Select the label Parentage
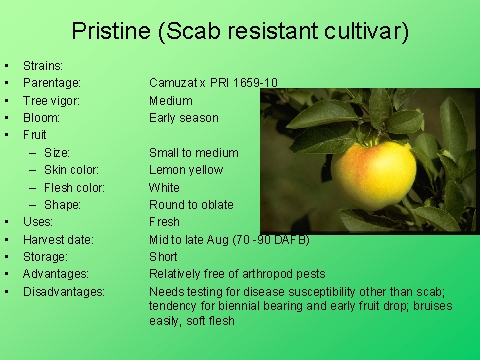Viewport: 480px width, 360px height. pyautogui.click(x=51, y=83)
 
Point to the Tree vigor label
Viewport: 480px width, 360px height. pyautogui.click(x=52, y=100)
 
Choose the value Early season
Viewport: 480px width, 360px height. pyautogui.click(x=183, y=118)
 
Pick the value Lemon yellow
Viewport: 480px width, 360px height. pyautogui.click(x=186, y=170)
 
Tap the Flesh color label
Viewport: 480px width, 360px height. pyautogui.click(x=74, y=187)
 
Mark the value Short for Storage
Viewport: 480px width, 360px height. pyautogui.click(x=164, y=256)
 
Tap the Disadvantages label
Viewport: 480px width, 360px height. pyautogui.click(x=63, y=291)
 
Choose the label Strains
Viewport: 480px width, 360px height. pyautogui.click(x=43, y=66)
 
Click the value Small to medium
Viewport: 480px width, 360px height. pyautogui.click(x=193, y=153)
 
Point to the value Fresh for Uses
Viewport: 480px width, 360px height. pyautogui.click(x=164, y=222)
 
